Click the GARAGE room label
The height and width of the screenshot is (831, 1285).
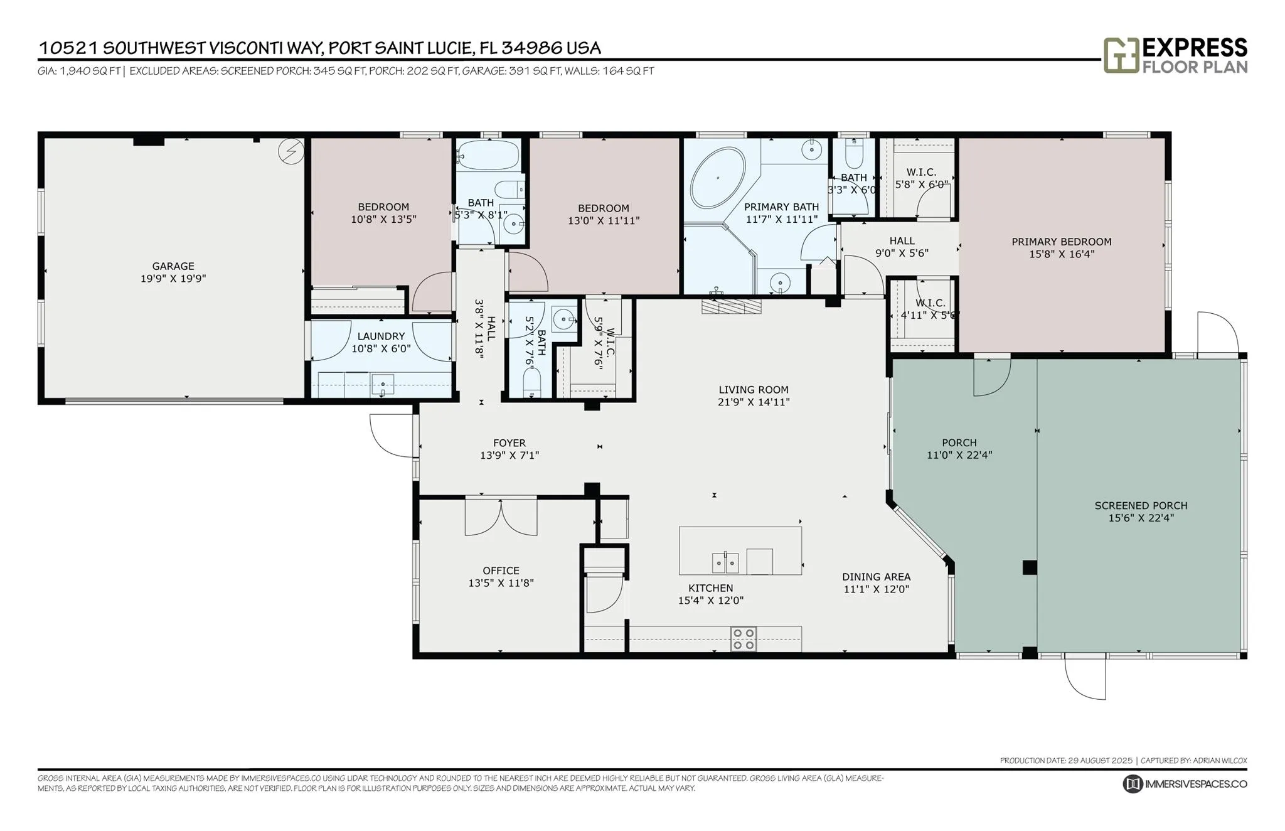point(173,266)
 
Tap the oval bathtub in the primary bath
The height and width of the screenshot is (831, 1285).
point(718,178)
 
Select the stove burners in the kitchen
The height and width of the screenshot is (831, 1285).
point(744,639)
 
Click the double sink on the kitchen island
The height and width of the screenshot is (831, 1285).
point(726,562)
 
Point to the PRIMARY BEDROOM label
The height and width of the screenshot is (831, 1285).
point(1062,242)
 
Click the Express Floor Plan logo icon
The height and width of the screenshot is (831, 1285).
point(1121,55)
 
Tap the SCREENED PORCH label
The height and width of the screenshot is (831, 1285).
point(1141,505)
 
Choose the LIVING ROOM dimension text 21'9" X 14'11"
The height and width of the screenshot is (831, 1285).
point(754,402)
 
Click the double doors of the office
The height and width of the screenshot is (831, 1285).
point(501,517)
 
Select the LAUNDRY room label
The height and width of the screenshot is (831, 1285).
point(381,336)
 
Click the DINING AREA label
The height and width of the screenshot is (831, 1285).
point(877,577)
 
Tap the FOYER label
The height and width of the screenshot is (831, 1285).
point(509,443)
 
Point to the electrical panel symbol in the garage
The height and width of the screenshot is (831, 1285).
point(291,151)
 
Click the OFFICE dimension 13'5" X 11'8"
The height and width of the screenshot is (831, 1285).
point(501,583)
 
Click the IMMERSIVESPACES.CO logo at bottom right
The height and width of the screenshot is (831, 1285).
point(1185,784)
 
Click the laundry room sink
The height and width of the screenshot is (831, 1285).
point(382,383)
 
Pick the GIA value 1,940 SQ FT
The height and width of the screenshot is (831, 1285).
point(90,71)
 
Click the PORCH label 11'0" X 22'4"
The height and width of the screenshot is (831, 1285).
point(959,449)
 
